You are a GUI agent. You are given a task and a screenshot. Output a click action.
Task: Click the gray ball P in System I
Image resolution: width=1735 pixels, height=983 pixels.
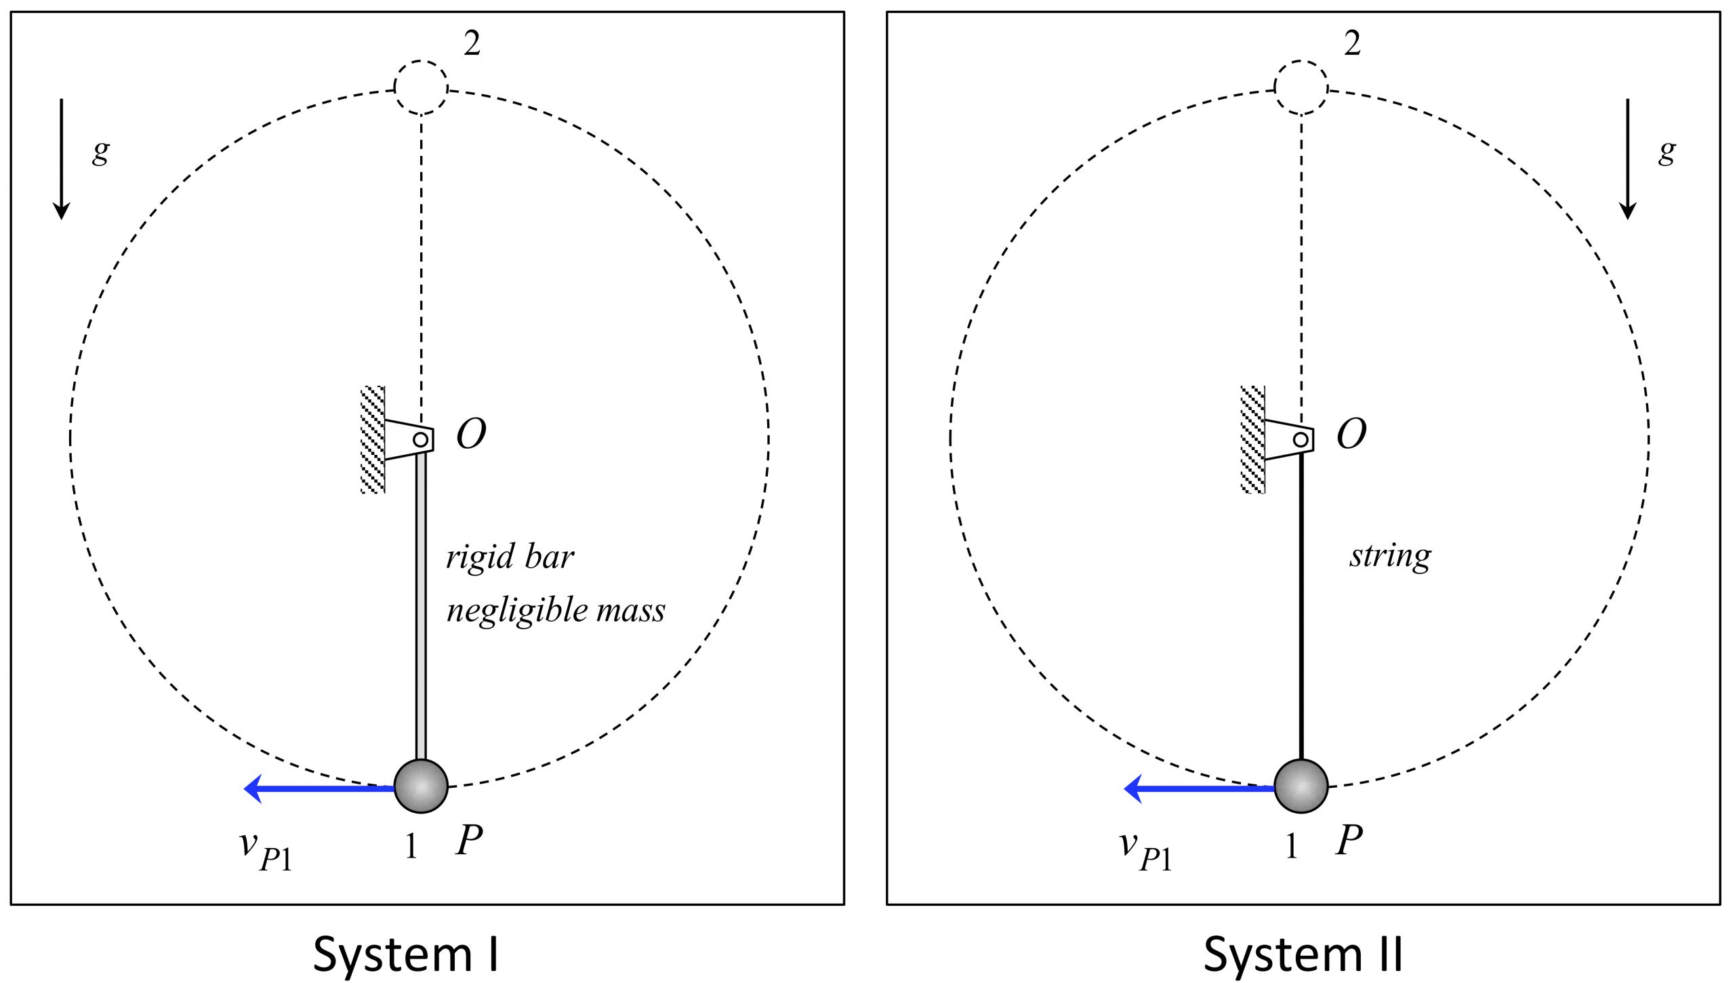[421, 786]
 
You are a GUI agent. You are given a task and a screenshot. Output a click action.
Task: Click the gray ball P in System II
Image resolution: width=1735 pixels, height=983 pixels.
[1301, 786]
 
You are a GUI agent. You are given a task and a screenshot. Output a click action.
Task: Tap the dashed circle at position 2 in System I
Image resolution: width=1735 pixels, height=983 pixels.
[421, 87]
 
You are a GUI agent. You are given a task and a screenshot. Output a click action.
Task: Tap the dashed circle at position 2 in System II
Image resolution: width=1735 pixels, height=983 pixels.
[1301, 87]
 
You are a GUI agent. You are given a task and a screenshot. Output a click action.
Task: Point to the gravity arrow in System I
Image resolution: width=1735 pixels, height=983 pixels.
[62, 159]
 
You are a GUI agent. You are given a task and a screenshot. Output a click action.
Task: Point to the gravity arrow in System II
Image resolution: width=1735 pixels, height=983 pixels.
[1628, 159]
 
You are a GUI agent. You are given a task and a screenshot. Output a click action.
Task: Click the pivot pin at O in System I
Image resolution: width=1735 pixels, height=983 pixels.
[420, 439]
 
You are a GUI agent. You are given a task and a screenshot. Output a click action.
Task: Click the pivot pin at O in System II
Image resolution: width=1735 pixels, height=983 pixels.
[1301, 439]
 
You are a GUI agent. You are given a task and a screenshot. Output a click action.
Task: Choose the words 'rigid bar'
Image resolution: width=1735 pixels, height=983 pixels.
[510, 557]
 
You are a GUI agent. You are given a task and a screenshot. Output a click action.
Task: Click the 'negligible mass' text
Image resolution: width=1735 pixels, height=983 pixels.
[556, 610]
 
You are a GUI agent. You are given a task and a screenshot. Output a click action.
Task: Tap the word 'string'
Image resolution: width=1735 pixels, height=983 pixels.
[1390, 557]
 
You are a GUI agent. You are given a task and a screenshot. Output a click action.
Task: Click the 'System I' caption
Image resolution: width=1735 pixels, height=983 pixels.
[405, 954]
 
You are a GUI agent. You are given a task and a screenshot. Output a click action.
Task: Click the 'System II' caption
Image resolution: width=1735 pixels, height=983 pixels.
[1303, 954]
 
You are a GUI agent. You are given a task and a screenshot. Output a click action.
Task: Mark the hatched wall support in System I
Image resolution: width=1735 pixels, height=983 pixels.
[373, 439]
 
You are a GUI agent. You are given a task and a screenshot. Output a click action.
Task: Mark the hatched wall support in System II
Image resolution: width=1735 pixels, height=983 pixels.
[1252, 439]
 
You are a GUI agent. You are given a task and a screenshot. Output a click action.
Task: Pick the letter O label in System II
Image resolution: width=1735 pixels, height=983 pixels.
[1351, 434]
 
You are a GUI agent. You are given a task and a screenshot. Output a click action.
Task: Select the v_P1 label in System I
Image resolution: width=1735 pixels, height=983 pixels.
[266, 851]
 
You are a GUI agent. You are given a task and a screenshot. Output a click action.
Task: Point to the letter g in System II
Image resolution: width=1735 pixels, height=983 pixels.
[1667, 152]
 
